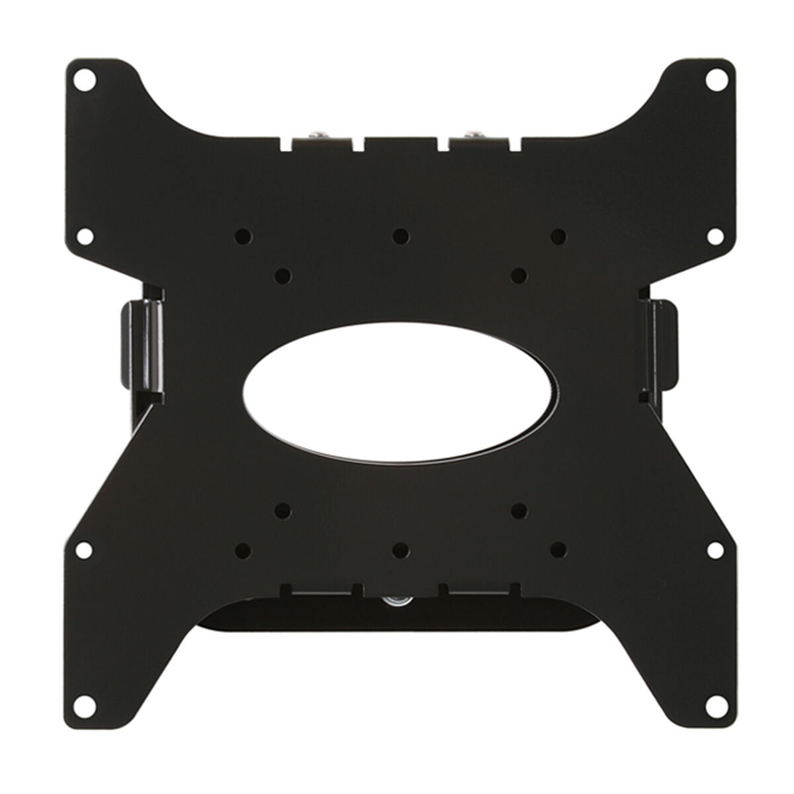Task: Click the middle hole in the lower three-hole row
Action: [x=400, y=549]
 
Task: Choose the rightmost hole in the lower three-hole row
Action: [x=558, y=549]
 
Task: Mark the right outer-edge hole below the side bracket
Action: [x=715, y=549]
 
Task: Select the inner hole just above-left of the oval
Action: [x=282, y=273]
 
